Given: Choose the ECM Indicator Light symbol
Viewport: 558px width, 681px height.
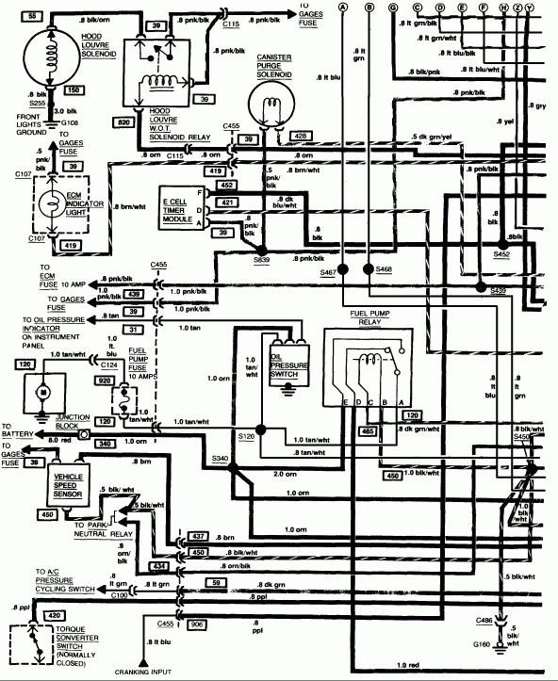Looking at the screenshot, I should [x=58, y=204].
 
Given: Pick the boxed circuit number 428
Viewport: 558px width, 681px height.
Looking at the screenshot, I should [x=301, y=137].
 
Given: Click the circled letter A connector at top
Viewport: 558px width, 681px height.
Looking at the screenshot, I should [x=343, y=8].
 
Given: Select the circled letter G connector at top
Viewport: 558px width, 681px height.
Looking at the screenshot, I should [x=392, y=8].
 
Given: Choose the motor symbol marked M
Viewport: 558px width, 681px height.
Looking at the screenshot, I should [x=41, y=389].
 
